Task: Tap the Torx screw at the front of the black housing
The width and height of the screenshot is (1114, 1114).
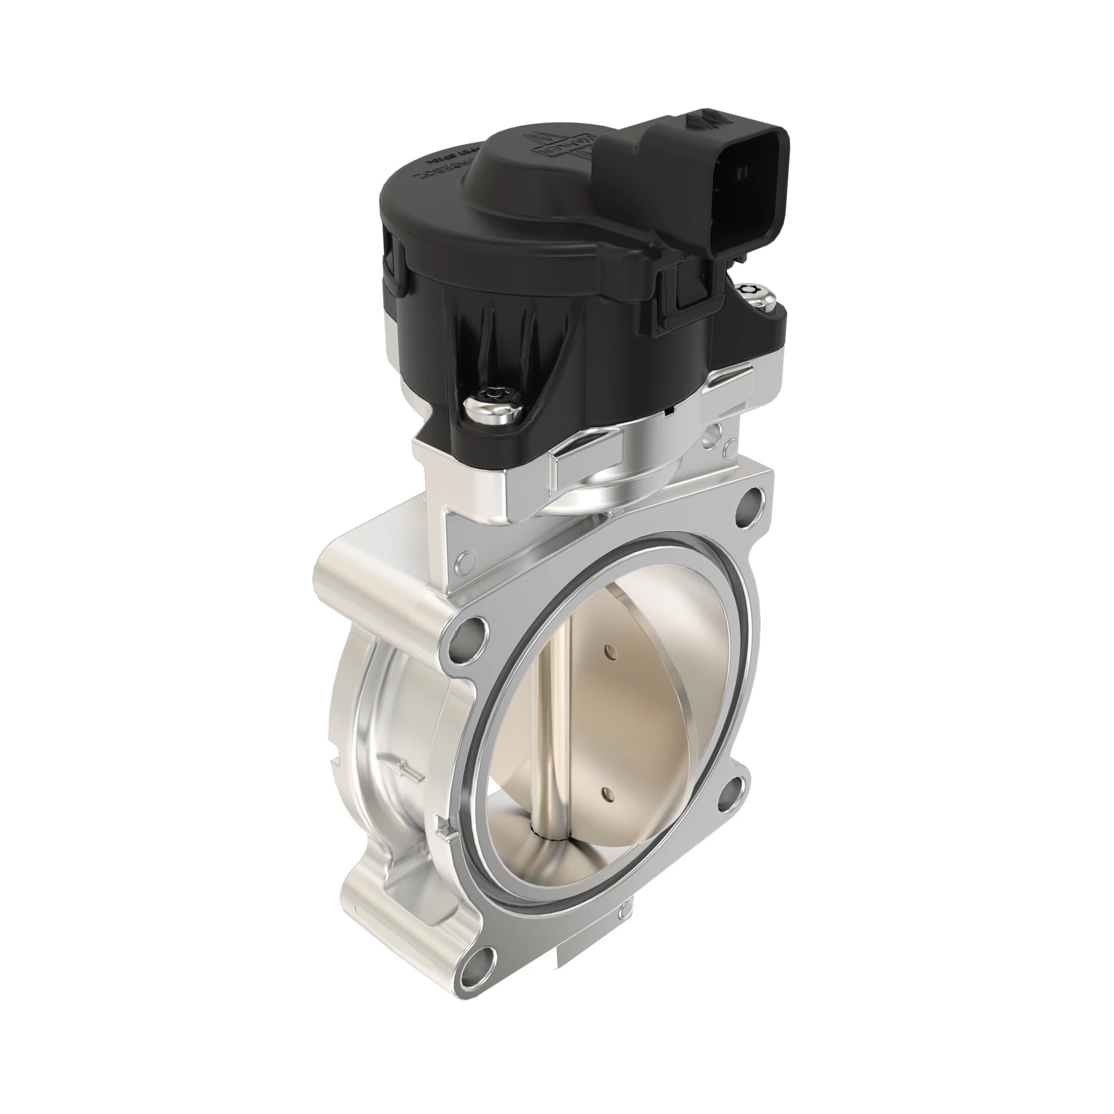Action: tap(495, 398)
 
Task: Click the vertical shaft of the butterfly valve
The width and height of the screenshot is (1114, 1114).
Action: tap(548, 750)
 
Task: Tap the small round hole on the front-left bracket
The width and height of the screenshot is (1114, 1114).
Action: tap(465, 560)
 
